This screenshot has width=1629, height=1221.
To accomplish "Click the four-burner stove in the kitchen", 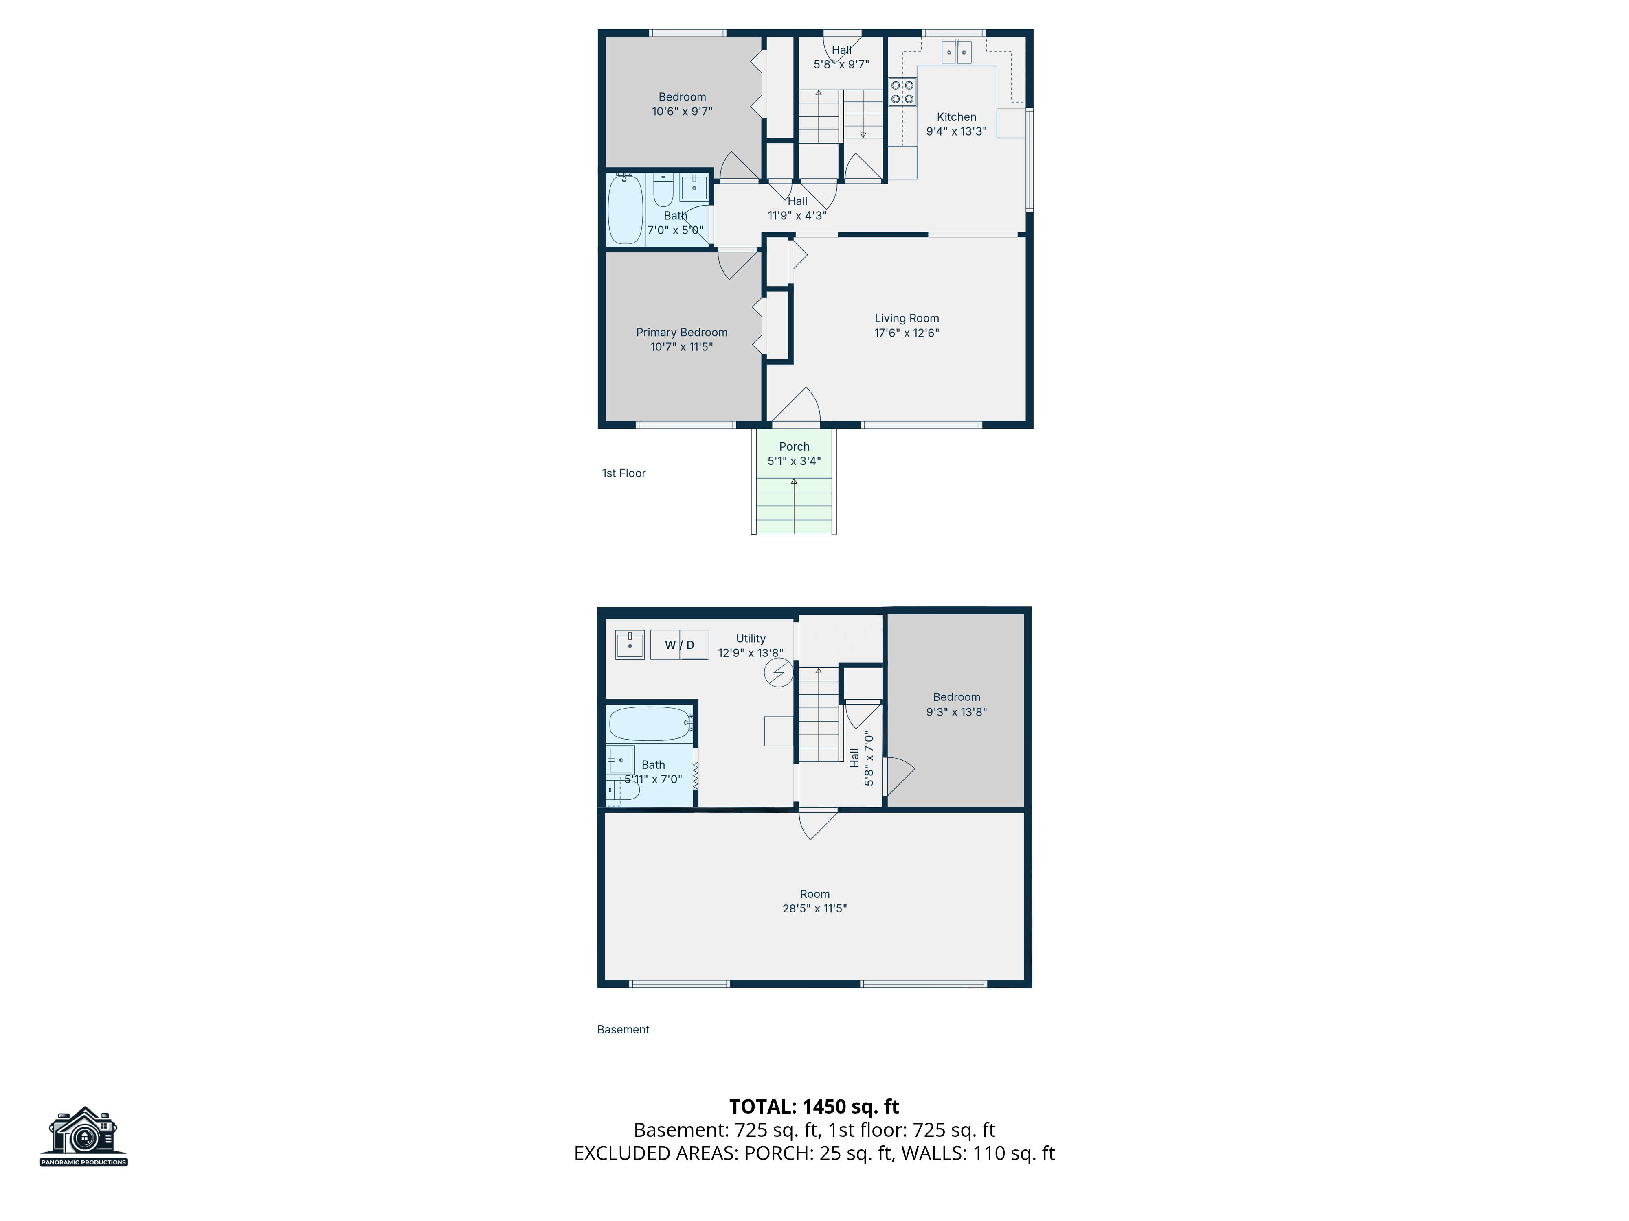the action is pos(902,92).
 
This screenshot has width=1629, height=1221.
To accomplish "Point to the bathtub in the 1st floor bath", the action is pos(625,209).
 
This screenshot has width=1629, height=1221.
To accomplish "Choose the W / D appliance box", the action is pos(679,645).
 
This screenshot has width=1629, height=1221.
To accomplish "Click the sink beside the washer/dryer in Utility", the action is pos(630,645).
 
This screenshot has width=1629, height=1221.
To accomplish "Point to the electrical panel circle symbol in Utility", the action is pos(778,673).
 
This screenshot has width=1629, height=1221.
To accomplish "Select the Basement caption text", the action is pos(623,1030).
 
